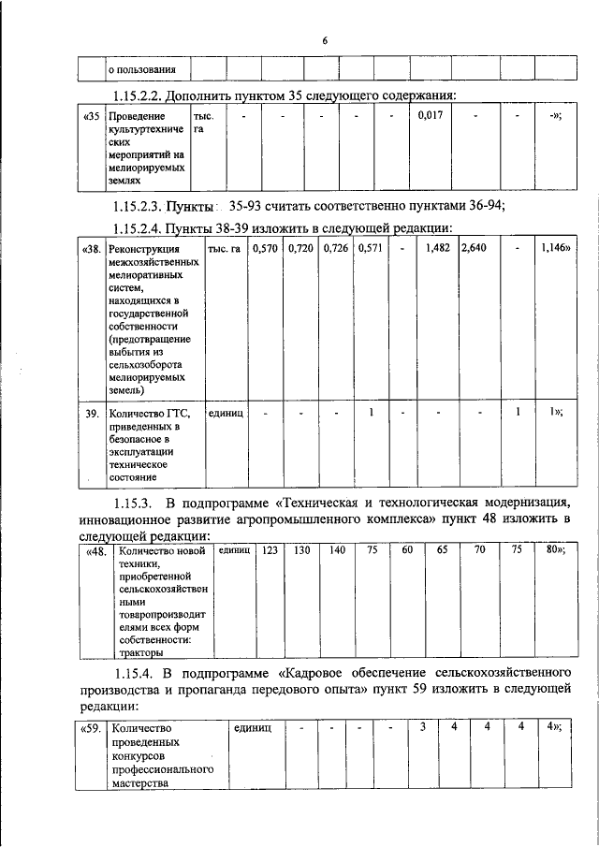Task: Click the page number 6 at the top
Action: coord(325,41)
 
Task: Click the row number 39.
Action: coord(92,413)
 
